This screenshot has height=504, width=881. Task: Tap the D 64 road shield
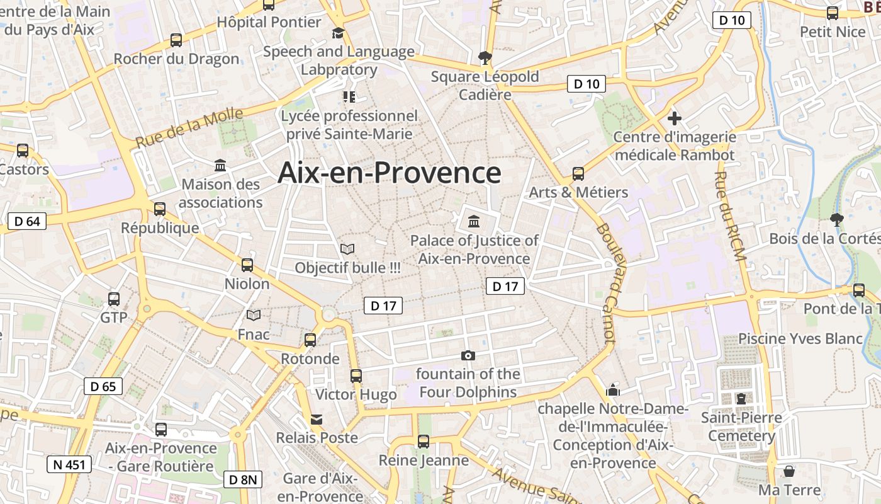(x=27, y=221)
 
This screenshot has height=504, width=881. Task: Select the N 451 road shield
(x=69, y=465)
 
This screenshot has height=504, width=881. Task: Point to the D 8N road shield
(x=243, y=479)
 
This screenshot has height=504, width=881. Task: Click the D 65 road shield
(x=103, y=386)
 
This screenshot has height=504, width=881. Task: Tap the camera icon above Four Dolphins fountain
(x=468, y=355)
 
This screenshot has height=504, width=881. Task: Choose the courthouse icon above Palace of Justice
(x=474, y=222)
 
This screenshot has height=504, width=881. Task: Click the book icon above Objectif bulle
(x=347, y=249)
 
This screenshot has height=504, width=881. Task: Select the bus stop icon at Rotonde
(x=310, y=340)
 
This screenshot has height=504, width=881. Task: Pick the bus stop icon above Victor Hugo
(x=356, y=376)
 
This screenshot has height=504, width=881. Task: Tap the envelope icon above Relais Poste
(x=317, y=420)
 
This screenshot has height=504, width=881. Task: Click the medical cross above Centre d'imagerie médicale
(x=675, y=118)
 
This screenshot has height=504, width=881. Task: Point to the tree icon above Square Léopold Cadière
(x=485, y=58)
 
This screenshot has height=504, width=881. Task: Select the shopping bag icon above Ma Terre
(x=789, y=471)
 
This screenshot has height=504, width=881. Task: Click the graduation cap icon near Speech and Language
(x=339, y=33)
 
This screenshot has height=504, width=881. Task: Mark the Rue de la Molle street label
(x=189, y=128)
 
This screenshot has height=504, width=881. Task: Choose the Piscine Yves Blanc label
(x=800, y=338)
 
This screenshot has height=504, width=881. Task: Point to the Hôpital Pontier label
(x=269, y=22)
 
